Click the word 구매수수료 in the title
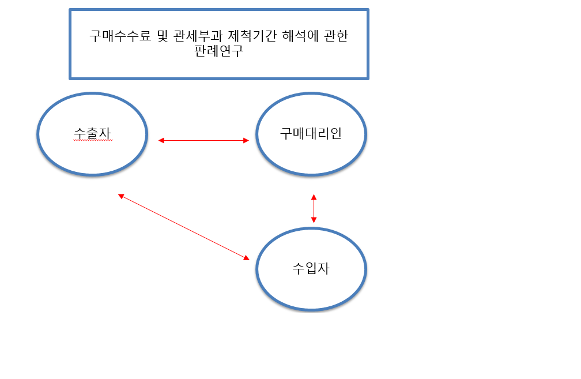pyautogui.click(x=120, y=36)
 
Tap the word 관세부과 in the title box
pyautogui.click(x=198, y=36)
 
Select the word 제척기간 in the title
pyautogui.click(x=252, y=36)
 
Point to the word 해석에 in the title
pyautogui.click(x=300, y=36)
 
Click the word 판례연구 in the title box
pyautogui.click(x=219, y=51)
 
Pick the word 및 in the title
pyautogui.click(x=163, y=36)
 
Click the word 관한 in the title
pyautogui.click(x=336, y=36)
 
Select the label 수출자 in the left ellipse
pyautogui.click(x=93, y=133)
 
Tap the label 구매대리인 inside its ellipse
pyautogui.click(x=311, y=133)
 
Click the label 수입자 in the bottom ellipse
pyautogui.click(x=311, y=268)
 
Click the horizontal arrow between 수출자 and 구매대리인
pyautogui.click(x=203, y=141)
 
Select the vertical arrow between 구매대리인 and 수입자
pyautogui.click(x=314, y=208)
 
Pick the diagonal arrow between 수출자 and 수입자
pyautogui.click(x=184, y=227)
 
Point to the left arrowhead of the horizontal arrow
pyautogui.click(x=161, y=141)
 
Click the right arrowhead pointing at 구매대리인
pyautogui.click(x=247, y=141)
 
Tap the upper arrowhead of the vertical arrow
pyautogui.click(x=314, y=197)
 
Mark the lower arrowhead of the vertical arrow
pyautogui.click(x=314, y=220)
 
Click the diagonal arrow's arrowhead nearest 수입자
pyautogui.click(x=247, y=258)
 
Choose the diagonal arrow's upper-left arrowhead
pyautogui.click(x=121, y=196)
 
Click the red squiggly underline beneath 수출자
pyautogui.click(x=93, y=141)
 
